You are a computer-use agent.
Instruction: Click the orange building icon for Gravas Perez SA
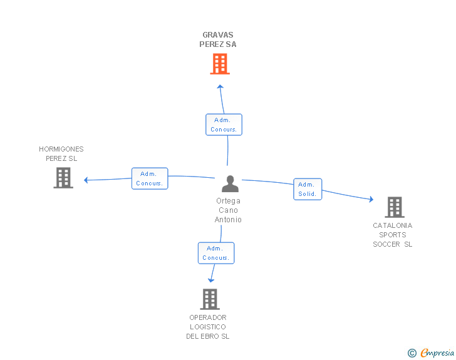pyautogui.click(x=220, y=64)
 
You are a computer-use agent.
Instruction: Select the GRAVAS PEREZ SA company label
pyautogui.click(x=218, y=39)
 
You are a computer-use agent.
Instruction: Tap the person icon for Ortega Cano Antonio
pyautogui.click(x=230, y=184)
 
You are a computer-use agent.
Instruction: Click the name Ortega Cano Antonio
pyautogui.click(x=228, y=210)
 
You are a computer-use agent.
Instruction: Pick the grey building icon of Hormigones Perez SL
pyautogui.click(x=63, y=178)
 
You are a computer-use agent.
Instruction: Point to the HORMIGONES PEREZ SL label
pyautogui.click(x=61, y=153)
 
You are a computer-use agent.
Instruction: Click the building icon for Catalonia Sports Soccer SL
pyautogui.click(x=395, y=207)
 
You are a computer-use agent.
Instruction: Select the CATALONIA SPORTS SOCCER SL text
pyautogui.click(x=393, y=235)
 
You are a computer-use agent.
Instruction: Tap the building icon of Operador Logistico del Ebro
pyautogui.click(x=210, y=299)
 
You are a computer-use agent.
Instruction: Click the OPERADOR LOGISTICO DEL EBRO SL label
pyautogui.click(x=208, y=327)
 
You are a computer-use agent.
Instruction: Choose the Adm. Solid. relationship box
pyautogui.click(x=308, y=189)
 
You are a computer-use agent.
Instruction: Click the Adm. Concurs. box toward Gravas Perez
pyautogui.click(x=224, y=125)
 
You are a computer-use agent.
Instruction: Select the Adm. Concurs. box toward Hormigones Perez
pyautogui.click(x=150, y=178)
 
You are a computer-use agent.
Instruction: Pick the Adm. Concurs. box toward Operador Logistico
pyautogui.click(x=215, y=253)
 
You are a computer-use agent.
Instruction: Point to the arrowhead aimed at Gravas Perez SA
pyautogui.click(x=220, y=86)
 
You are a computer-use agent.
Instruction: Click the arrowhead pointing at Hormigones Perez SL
pyautogui.click(x=86, y=180)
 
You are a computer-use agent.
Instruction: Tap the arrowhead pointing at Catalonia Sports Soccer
pyautogui.click(x=371, y=199)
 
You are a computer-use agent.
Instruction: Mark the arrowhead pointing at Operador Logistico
pyautogui.click(x=211, y=280)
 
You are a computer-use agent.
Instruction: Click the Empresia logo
pyautogui.click(x=437, y=352)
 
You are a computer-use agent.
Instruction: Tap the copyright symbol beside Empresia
pyautogui.click(x=412, y=353)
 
